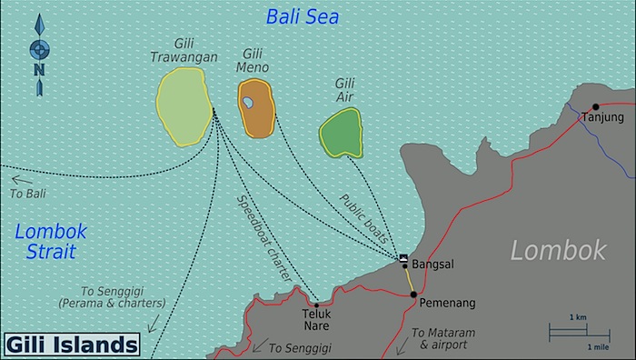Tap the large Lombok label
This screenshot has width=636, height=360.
coord(557,250)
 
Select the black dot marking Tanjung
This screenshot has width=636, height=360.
coord(596,106)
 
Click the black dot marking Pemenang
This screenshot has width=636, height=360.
coord(412,295)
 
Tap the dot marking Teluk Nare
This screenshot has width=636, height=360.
coord(316,305)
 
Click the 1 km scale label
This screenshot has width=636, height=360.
coord(578,316)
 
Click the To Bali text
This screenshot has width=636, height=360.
coord(27,194)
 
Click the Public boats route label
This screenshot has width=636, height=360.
coord(363,218)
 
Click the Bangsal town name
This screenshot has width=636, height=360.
coord(432,265)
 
